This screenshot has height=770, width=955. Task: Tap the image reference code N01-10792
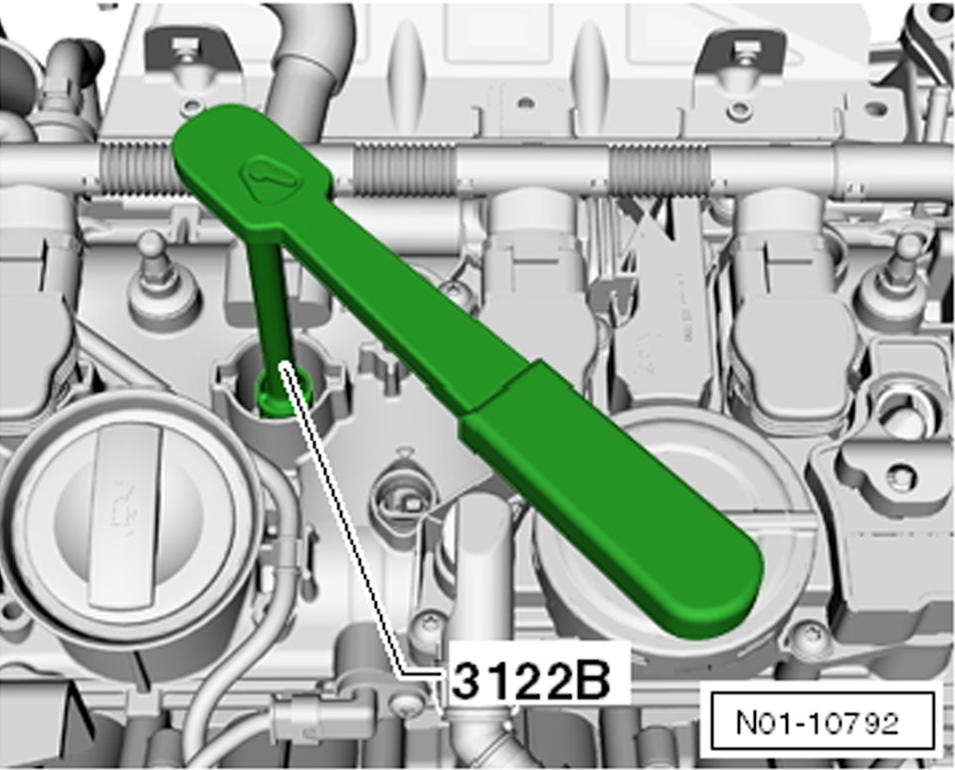818,722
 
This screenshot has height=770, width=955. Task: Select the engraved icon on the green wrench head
270,177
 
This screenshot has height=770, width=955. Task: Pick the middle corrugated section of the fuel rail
404,170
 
